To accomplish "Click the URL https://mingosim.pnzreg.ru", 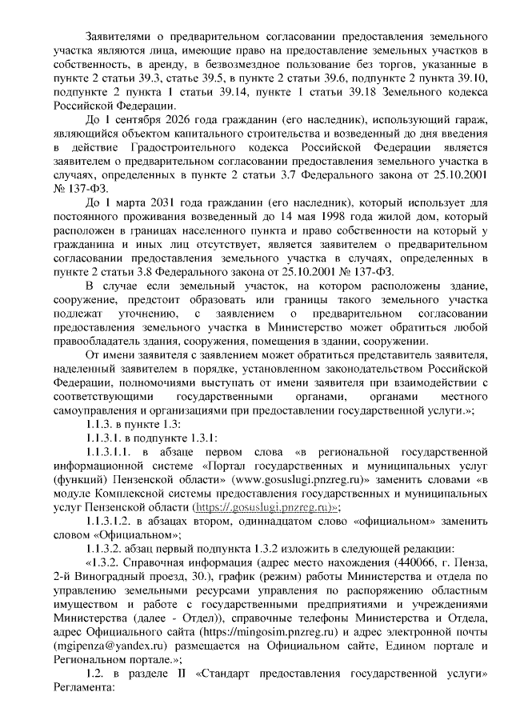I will pos(252,629).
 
